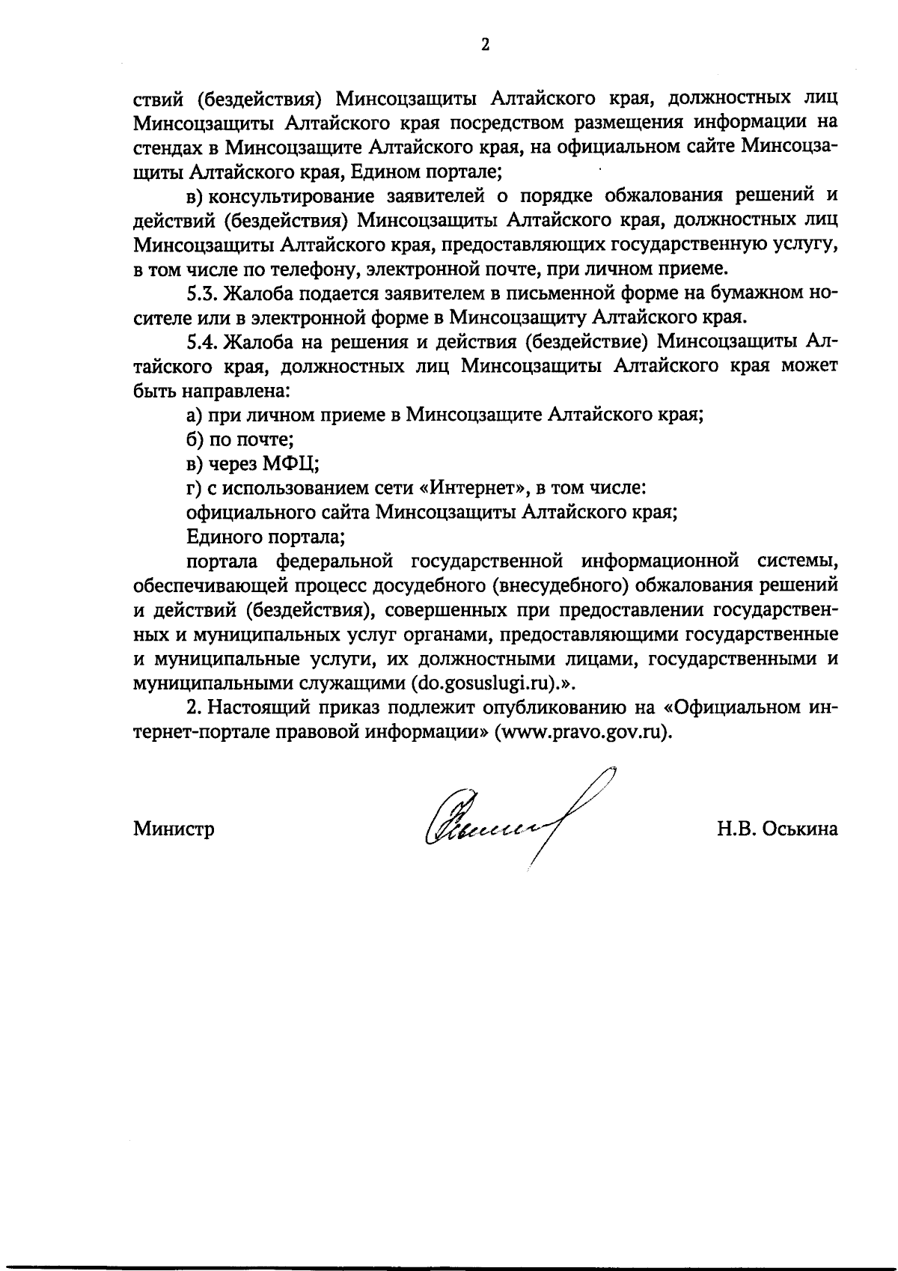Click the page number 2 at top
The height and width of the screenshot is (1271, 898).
pos(485,45)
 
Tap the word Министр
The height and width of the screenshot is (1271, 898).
pos(174,829)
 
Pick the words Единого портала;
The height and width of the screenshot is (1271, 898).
pos(265,537)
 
